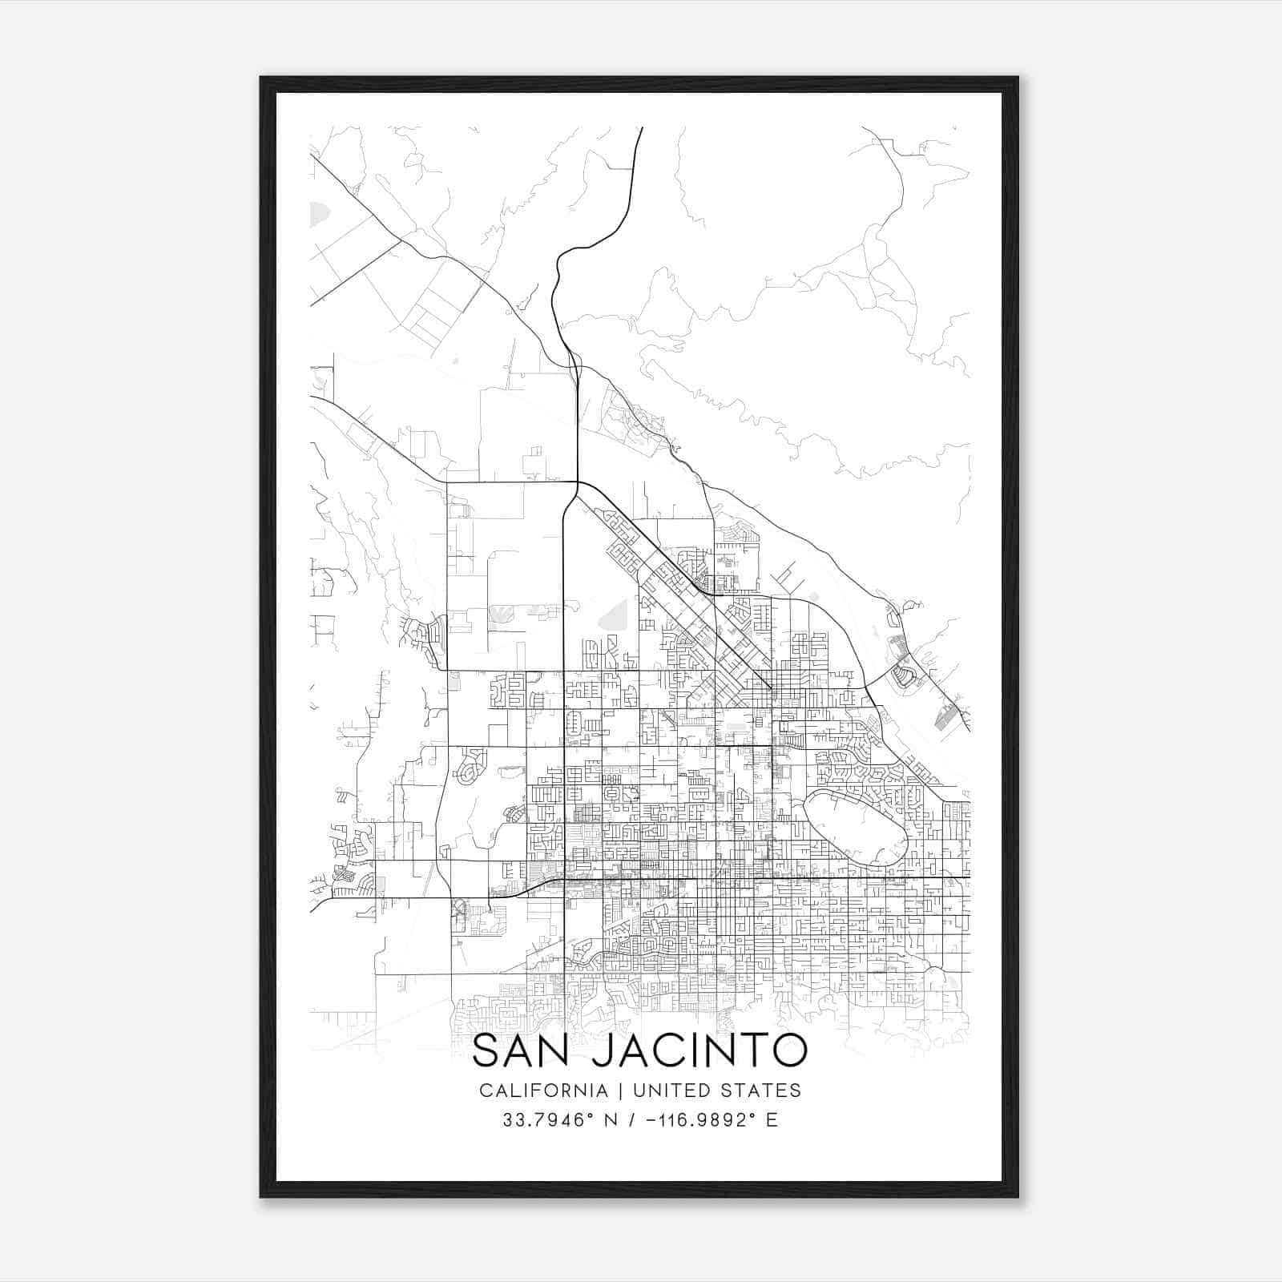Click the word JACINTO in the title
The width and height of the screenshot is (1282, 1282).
coord(699,1051)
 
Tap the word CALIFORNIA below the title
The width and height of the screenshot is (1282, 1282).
coord(543,1091)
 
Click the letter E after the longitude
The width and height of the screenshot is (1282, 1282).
coord(772,1120)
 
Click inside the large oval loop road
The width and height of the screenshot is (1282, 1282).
coord(853,825)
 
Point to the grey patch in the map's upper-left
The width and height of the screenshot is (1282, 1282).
coord(319,213)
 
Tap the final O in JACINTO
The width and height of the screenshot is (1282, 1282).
coord(788,1051)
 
